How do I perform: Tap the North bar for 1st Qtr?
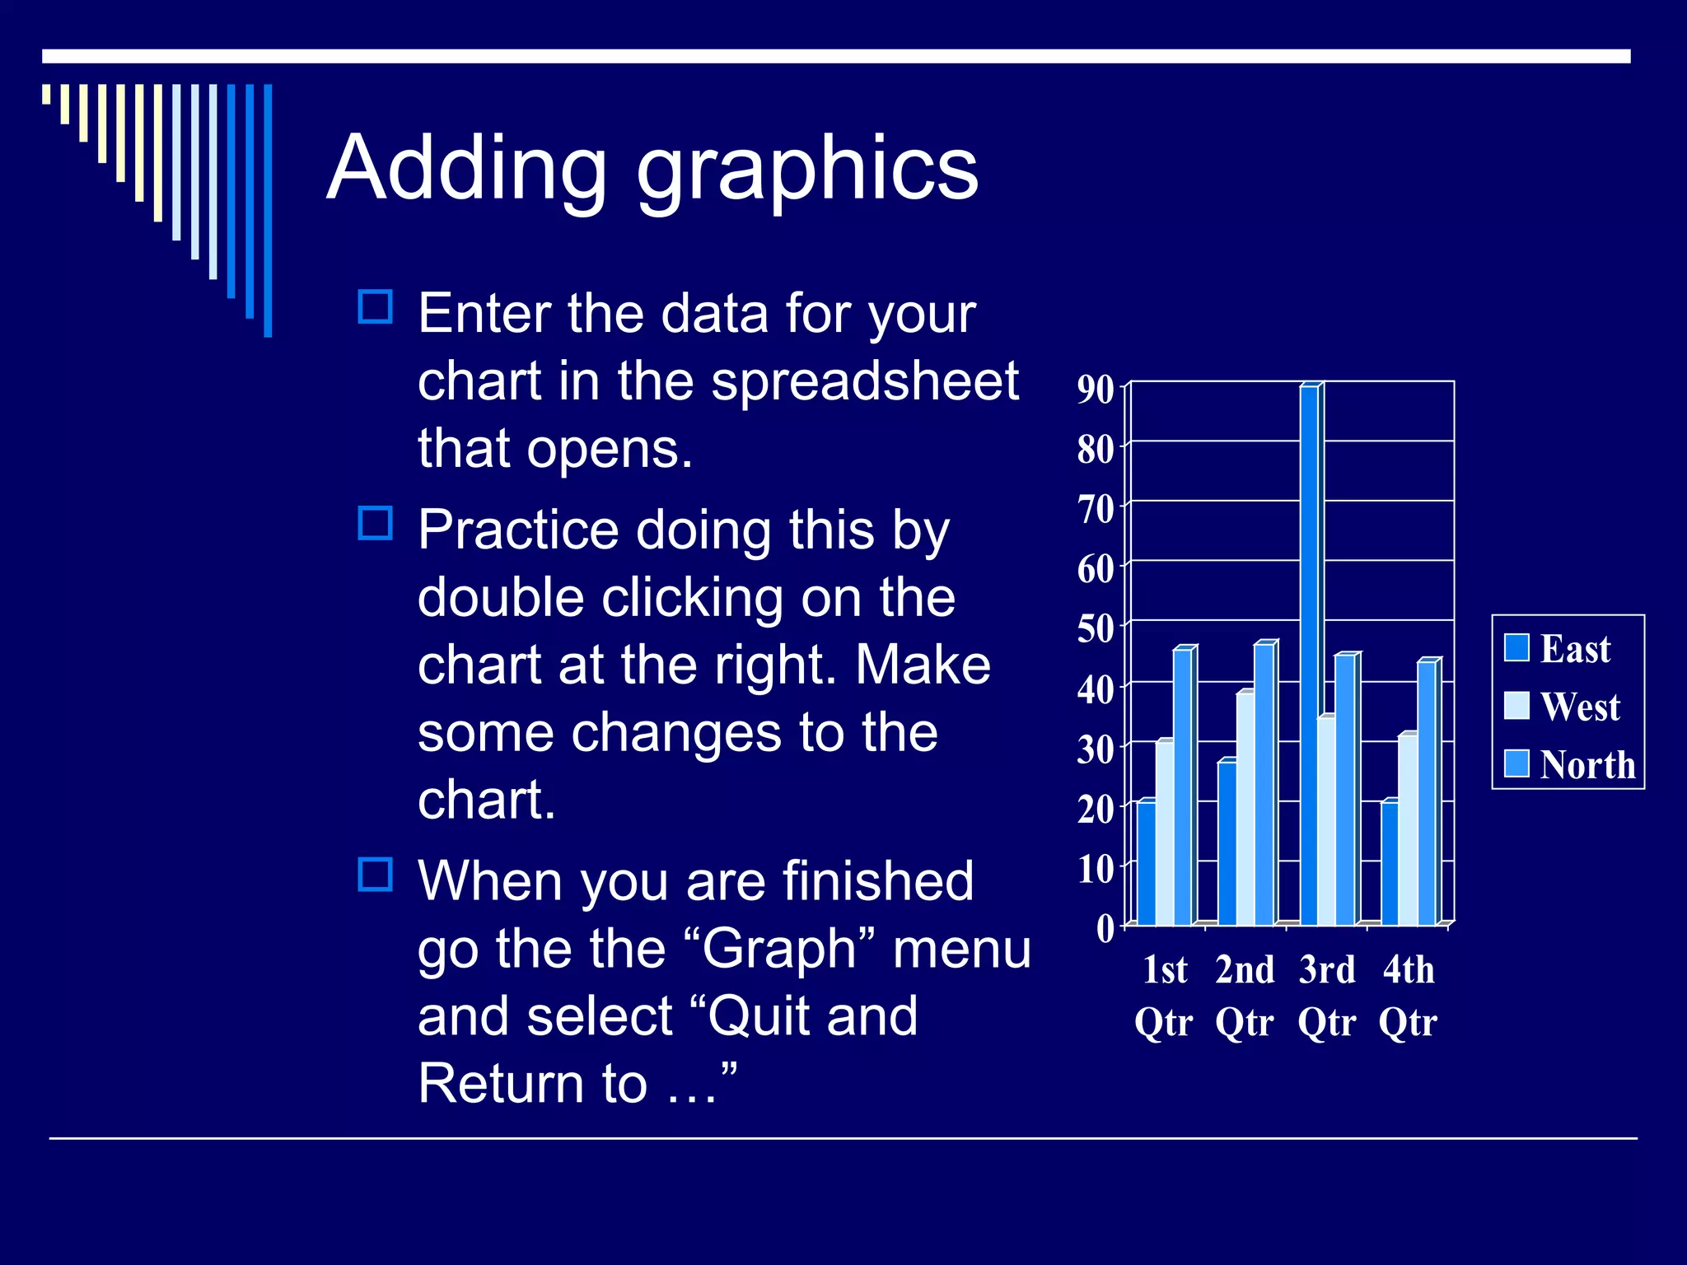pyautogui.click(x=1182, y=787)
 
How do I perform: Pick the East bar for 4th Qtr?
pyautogui.click(x=1390, y=865)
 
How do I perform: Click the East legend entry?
pyautogui.click(x=1556, y=649)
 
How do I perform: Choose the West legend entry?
pyautogui.click(x=1561, y=707)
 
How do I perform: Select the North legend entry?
pyautogui.click(x=1568, y=764)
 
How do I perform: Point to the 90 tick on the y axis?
pyautogui.click(x=1096, y=390)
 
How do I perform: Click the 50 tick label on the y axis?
pyautogui.click(x=1096, y=629)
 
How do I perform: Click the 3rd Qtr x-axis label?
pyautogui.click(x=1327, y=996)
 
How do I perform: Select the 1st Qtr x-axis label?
pyautogui.click(x=1164, y=996)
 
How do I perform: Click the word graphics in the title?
pyautogui.click(x=807, y=169)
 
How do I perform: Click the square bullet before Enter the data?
pyautogui.click(x=376, y=307)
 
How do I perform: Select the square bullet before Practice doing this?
pyautogui.click(x=376, y=524)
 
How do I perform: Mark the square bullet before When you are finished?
pyautogui.click(x=376, y=875)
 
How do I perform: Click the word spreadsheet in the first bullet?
pyautogui.click(x=865, y=381)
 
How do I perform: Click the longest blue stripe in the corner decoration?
pyautogui.click(x=268, y=210)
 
